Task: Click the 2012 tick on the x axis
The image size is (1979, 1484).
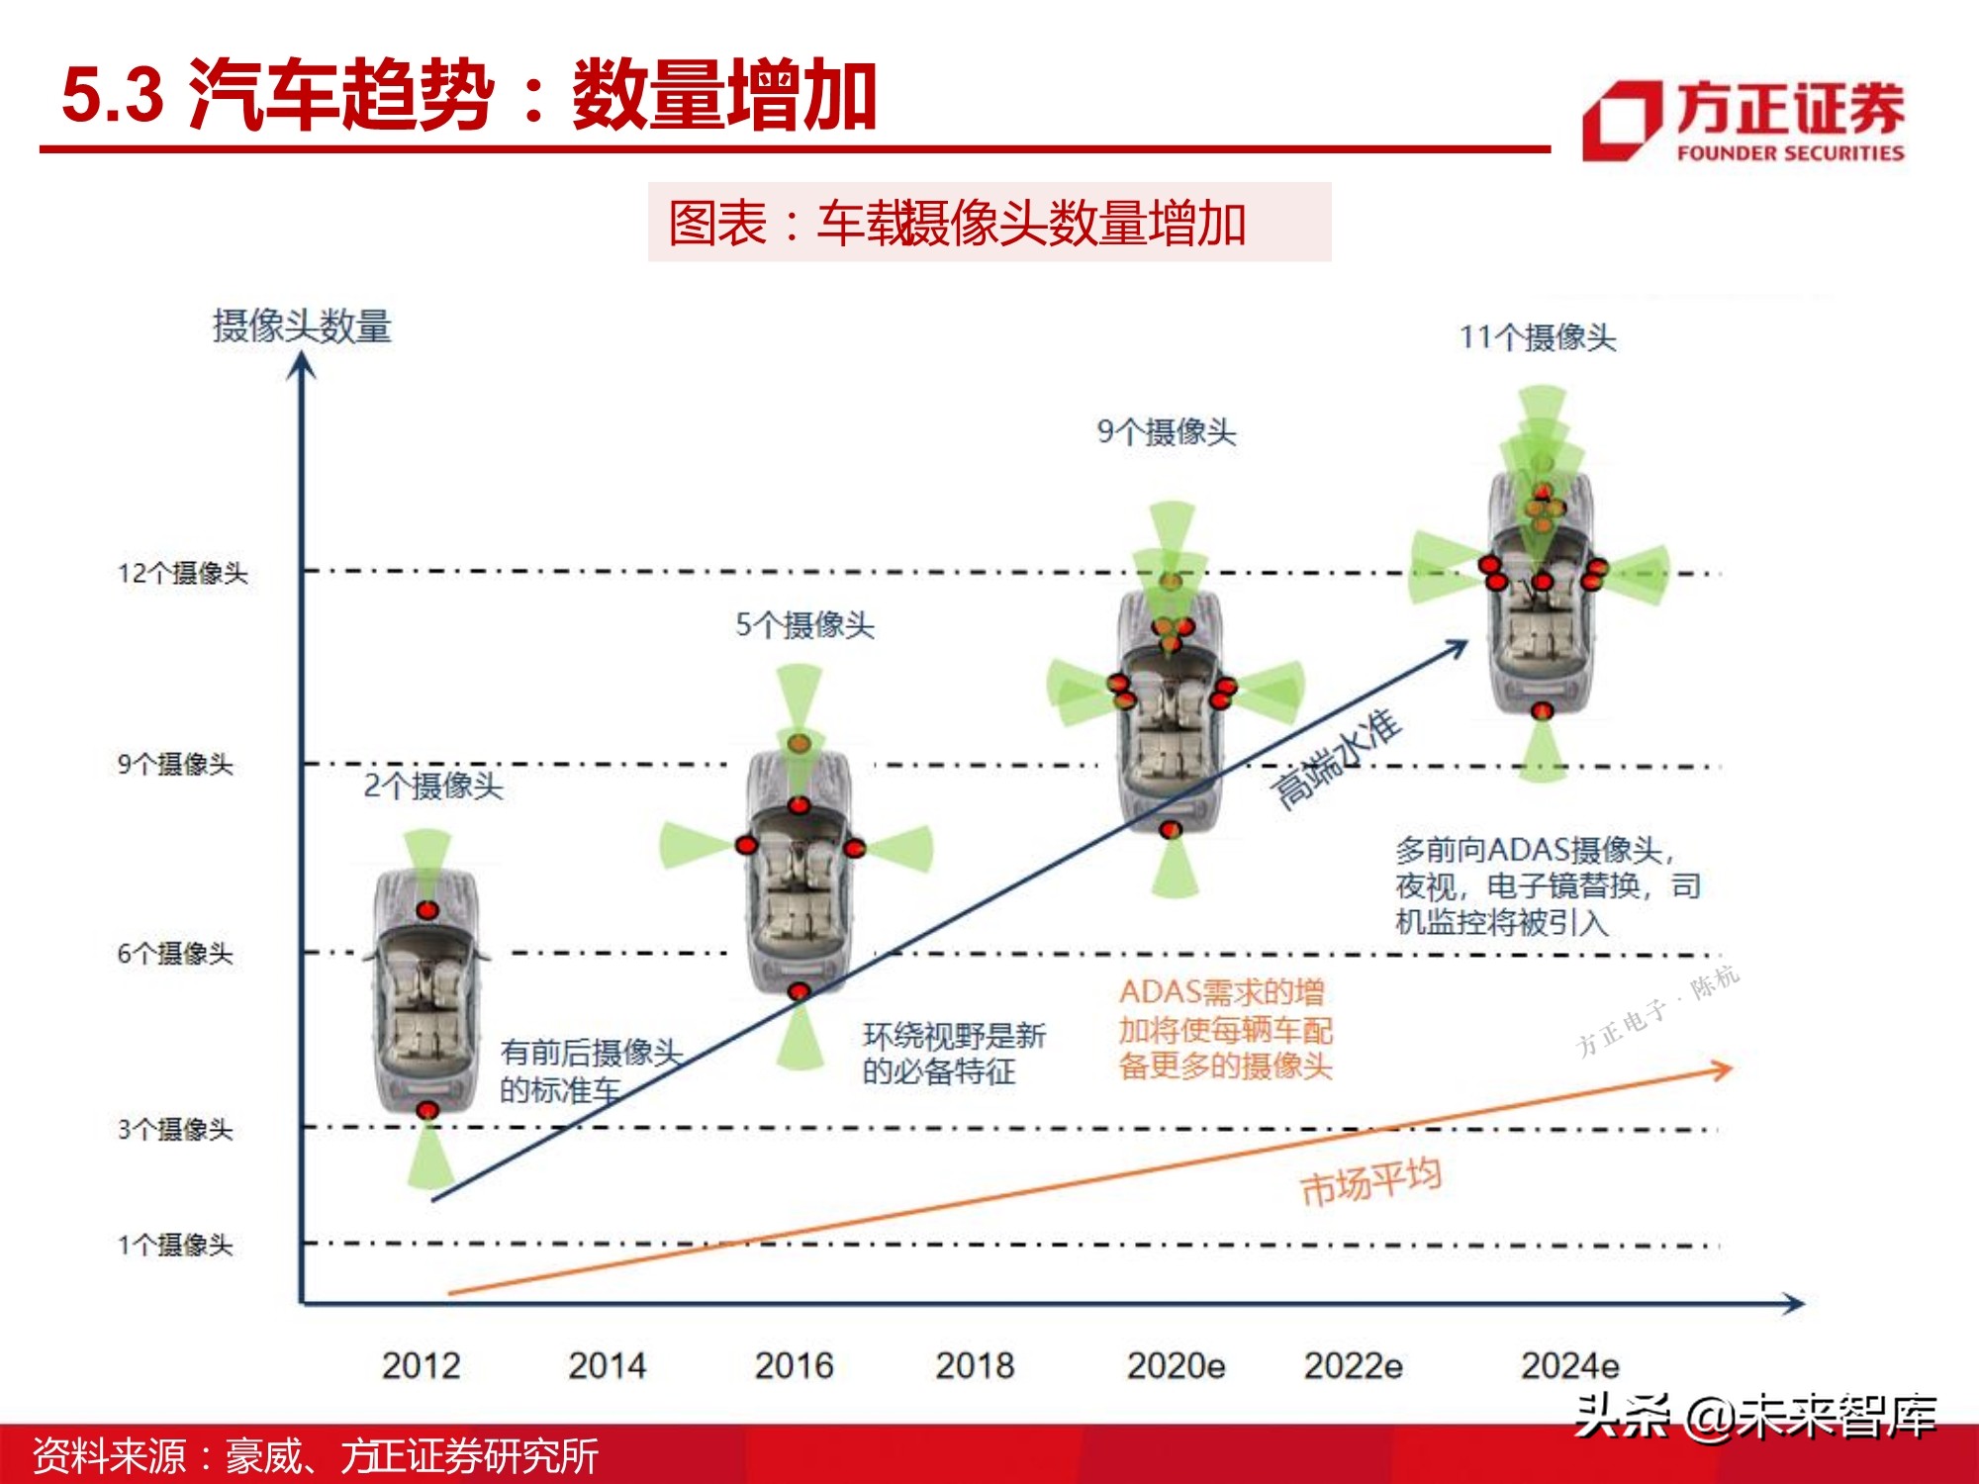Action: click(x=422, y=1366)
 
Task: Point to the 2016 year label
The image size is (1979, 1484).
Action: click(x=794, y=1366)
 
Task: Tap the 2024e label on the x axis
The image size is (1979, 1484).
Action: click(x=1569, y=1366)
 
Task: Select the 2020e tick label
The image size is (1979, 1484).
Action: click(x=1176, y=1366)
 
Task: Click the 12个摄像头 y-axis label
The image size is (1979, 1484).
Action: click(x=183, y=573)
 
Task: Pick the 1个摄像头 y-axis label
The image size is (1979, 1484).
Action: click(x=175, y=1245)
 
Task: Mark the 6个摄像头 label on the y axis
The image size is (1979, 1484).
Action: click(x=175, y=954)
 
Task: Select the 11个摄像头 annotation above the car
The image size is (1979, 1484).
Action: click(x=1538, y=338)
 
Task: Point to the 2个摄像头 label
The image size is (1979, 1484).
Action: click(x=433, y=787)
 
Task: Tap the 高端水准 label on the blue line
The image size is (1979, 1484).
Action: click(x=1336, y=759)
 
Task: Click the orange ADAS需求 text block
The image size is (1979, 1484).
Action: click(x=1225, y=1029)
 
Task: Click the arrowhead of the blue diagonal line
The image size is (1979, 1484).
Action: click(x=1458, y=647)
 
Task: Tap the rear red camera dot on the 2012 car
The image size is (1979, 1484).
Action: click(x=427, y=1110)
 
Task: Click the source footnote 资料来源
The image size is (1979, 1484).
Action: click(x=315, y=1456)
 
